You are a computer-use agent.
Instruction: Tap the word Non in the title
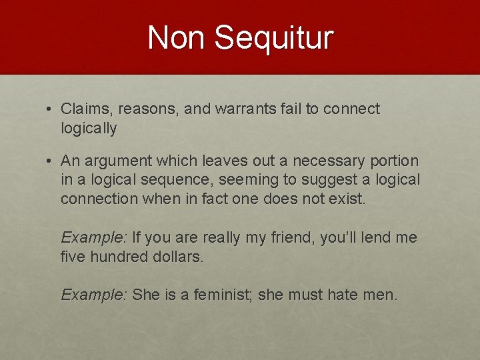coord(178,37)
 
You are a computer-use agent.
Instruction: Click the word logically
coord(89,128)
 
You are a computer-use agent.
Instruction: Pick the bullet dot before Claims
coord(50,109)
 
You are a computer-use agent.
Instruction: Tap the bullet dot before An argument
coord(50,161)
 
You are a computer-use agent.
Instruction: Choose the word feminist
coord(219,295)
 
